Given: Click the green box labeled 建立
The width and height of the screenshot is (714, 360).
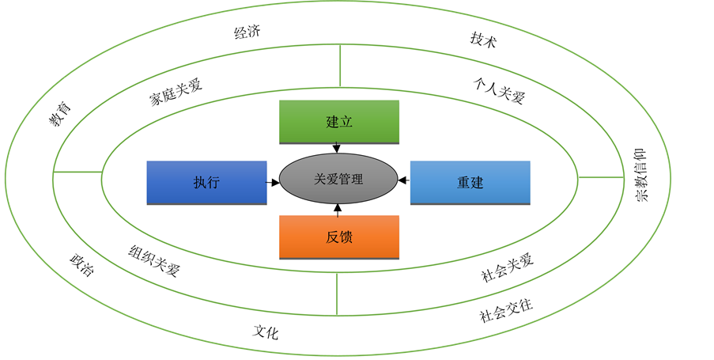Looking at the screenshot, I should point(339,122).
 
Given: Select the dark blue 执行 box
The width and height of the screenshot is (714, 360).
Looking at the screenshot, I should point(206,182).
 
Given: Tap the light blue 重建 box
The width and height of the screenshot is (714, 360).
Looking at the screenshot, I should point(470,182).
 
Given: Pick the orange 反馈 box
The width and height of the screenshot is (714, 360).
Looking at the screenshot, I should point(339,237).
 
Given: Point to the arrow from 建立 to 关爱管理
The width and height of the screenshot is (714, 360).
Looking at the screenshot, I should point(338,147).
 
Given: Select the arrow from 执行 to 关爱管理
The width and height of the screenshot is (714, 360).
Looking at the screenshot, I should point(274,182).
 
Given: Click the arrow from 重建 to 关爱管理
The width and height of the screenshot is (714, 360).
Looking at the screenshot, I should point(403,181).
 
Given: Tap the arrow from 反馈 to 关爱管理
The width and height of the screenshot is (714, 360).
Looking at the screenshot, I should point(338,210).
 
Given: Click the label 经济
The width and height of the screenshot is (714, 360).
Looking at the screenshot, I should point(247,33).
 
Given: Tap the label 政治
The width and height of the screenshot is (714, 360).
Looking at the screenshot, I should point(81,264).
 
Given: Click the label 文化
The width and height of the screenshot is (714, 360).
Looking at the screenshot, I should point(266,332).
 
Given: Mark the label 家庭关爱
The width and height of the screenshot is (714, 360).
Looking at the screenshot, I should point(176,93).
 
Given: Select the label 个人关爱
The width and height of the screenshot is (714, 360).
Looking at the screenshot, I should point(499,91).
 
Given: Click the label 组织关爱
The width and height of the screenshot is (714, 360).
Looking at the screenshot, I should point(155,260).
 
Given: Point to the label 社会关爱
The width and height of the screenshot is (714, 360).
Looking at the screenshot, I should point(508,268).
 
